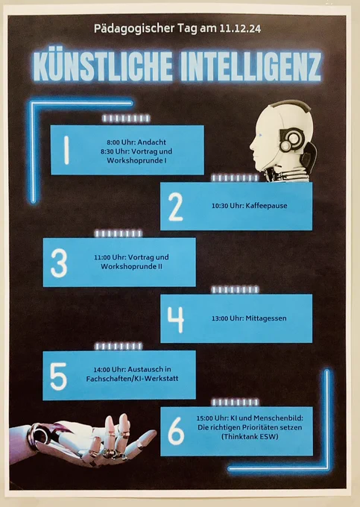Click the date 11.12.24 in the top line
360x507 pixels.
tap(240, 28)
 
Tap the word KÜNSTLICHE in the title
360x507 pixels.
tap(103, 67)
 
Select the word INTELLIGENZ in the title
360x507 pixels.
tap(251, 67)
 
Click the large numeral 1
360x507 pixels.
tap(66, 150)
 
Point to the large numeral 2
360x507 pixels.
tap(175, 207)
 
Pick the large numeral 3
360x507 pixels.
tap(59, 263)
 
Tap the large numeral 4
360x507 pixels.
tap(175, 319)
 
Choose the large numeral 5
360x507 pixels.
tap(58, 376)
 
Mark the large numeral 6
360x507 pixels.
tap(176, 432)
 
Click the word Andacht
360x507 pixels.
tap(151, 142)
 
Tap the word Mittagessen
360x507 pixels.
tap(266, 318)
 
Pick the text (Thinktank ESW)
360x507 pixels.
tap(250, 437)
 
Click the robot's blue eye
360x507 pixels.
tap(260, 136)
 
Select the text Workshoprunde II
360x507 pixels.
tap(131, 267)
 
